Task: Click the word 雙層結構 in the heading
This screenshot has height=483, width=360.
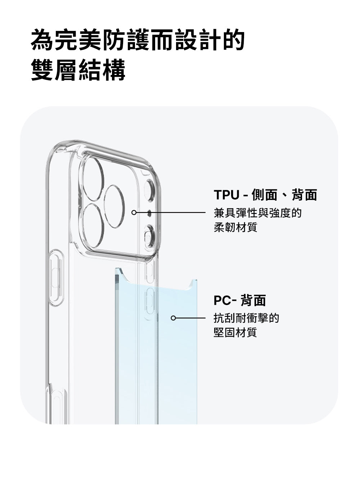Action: pos(78,70)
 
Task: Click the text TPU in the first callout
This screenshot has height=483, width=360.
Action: pos(227,195)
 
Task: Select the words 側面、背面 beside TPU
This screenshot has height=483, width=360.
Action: pos(284,195)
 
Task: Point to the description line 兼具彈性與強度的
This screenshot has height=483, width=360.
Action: pos(257,213)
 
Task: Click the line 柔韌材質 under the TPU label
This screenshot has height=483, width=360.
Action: pos(235,227)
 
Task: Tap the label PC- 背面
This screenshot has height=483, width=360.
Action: pos(240,300)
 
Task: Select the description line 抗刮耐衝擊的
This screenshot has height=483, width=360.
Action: pos(246,318)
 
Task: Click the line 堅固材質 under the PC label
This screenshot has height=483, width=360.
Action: pos(235,332)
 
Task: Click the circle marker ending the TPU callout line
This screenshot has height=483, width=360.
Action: pos(134,213)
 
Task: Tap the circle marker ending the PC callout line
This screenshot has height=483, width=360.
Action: pos(173,318)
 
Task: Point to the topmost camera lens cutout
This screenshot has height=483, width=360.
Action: pos(93,179)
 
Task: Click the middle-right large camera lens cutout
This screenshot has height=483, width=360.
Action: pos(114,206)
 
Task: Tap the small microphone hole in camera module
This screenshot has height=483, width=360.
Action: pos(149,213)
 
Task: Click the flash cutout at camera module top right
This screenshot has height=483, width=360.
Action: pos(149,191)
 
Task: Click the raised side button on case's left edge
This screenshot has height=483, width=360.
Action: pos(56,278)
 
